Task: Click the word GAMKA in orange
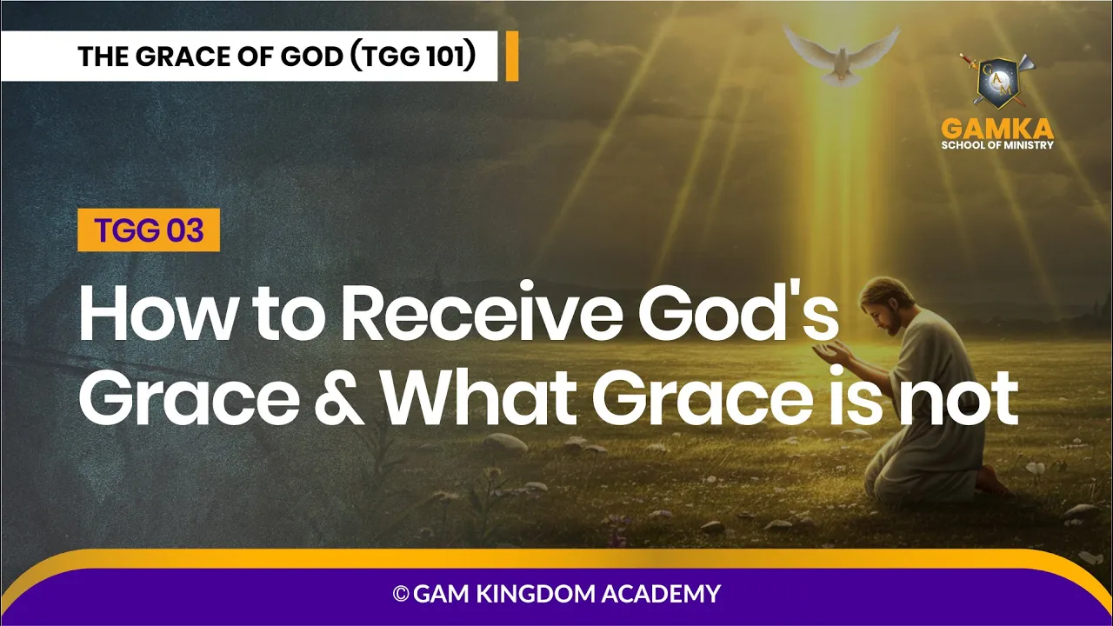[x=997, y=130]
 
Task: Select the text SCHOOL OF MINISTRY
[x=997, y=145]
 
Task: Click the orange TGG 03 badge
[x=149, y=230]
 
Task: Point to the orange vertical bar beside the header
[x=512, y=56]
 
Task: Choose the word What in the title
[x=479, y=397]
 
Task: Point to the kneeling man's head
[x=887, y=304]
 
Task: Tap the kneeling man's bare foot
[x=992, y=481]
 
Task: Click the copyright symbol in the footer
[x=401, y=593]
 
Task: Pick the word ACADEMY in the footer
[x=661, y=593]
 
